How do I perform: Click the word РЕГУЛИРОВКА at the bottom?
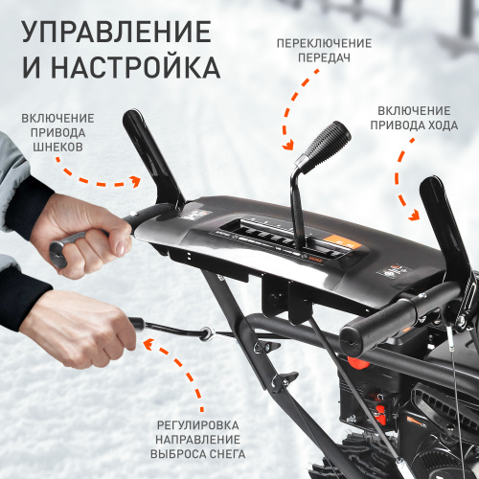[201, 424]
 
